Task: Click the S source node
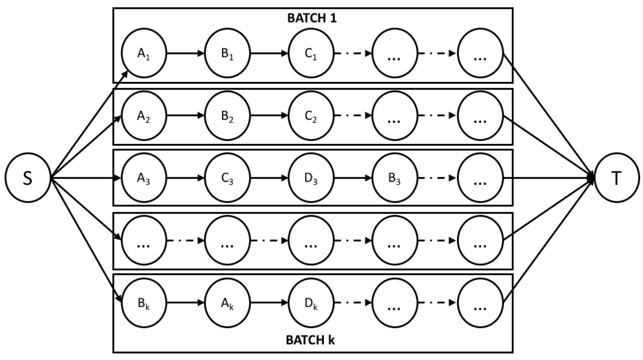click(28, 178)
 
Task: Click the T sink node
click(617, 178)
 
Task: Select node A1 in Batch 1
click(144, 53)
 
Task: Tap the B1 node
click(228, 53)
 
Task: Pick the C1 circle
click(311, 53)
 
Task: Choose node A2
click(144, 116)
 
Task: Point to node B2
click(228, 116)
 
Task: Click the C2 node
click(311, 116)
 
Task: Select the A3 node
click(144, 178)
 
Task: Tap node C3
click(228, 178)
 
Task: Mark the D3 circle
click(311, 178)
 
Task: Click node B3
click(395, 178)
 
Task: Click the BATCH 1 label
click(313, 20)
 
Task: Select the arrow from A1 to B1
click(186, 53)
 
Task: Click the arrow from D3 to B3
click(353, 178)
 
